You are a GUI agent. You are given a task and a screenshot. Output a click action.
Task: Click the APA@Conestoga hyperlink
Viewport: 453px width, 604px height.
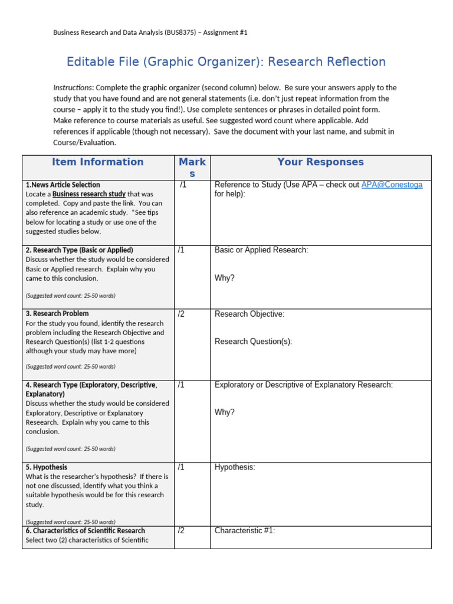(x=392, y=185)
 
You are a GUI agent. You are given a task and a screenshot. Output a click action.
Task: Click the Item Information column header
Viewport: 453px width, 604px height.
(x=97, y=162)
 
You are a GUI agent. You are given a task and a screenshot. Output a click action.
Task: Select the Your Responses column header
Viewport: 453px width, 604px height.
(x=320, y=162)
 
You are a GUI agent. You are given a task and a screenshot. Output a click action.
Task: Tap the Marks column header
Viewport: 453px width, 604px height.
(x=192, y=168)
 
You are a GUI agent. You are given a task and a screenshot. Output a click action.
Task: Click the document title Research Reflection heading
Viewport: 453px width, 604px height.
(x=226, y=62)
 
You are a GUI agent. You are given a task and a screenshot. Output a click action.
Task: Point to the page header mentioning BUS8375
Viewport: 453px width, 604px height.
(x=150, y=32)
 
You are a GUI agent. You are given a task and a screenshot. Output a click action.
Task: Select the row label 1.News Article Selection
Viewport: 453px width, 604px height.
(x=63, y=185)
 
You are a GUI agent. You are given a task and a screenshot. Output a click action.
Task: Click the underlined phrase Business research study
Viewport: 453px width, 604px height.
(x=88, y=194)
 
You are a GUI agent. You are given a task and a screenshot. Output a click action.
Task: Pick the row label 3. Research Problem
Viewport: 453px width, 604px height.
(x=57, y=314)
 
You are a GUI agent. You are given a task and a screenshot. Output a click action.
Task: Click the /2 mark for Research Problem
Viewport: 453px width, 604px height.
(x=181, y=314)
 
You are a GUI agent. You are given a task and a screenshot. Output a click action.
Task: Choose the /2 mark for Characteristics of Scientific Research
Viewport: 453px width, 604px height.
(x=181, y=530)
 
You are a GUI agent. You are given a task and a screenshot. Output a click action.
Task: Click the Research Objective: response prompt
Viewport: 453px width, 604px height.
(x=249, y=314)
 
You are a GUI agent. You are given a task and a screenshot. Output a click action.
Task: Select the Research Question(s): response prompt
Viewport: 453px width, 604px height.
(x=253, y=342)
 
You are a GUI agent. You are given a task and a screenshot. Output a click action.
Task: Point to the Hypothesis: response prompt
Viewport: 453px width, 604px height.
(x=235, y=467)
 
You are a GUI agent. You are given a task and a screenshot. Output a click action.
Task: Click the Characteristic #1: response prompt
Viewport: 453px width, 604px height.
(x=245, y=530)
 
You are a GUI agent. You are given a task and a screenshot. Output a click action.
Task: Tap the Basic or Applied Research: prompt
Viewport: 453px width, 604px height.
(x=261, y=250)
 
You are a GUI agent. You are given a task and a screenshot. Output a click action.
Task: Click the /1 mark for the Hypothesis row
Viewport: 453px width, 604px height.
(x=181, y=467)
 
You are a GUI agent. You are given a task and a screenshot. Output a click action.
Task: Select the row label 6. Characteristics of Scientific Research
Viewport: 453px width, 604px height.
(x=86, y=531)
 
